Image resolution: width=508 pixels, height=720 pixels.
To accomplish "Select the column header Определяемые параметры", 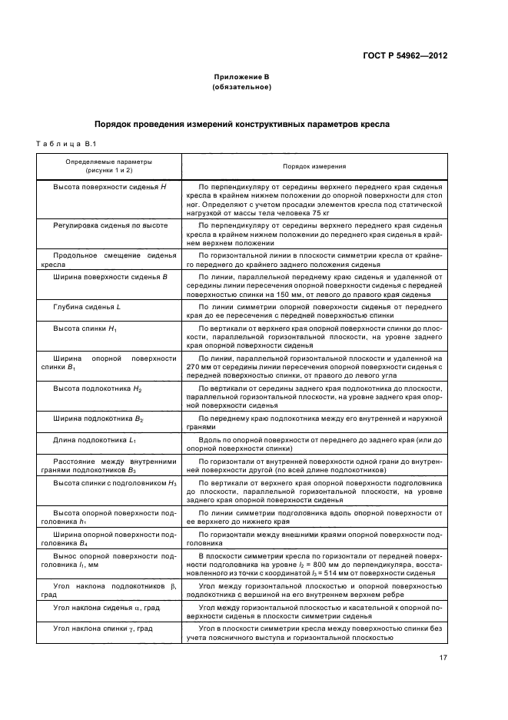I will [98, 162].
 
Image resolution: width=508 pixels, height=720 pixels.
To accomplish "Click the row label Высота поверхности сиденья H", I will [105, 187].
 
